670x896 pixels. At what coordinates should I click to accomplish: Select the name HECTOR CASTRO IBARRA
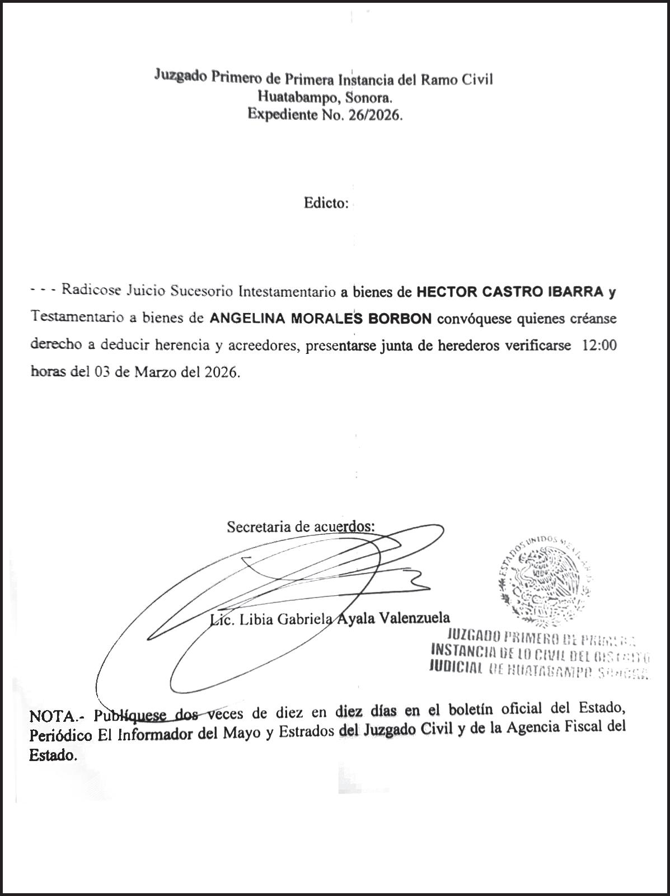pyautogui.click(x=510, y=291)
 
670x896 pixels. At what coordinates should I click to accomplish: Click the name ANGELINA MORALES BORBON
pyautogui.click(x=320, y=319)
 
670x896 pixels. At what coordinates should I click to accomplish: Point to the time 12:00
pyautogui.click(x=599, y=346)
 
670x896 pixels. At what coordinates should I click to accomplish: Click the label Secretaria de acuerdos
pyautogui.click(x=301, y=526)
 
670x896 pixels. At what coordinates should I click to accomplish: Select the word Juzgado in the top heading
pyautogui.click(x=180, y=76)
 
